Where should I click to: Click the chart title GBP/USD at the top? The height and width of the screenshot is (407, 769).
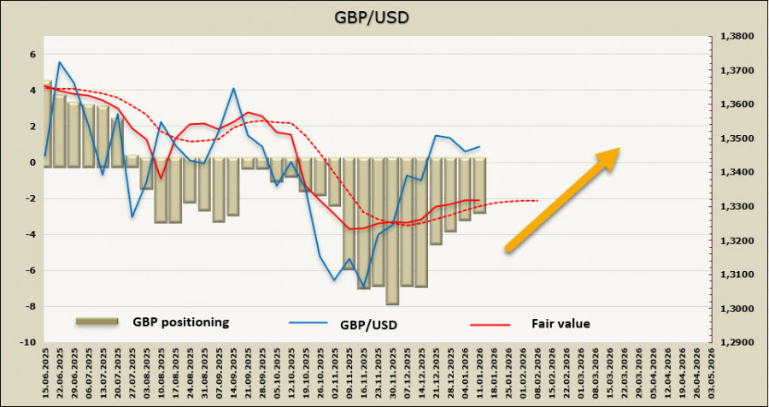(384, 18)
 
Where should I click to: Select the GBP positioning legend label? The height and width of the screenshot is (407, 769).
(181, 322)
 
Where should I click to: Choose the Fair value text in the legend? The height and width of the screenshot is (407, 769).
(561, 323)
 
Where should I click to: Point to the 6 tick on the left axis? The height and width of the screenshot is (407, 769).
(32, 54)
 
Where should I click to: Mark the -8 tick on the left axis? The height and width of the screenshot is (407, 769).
(31, 306)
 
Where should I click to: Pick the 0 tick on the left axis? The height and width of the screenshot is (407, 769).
(32, 162)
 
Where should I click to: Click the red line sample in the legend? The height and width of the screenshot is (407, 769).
(490, 325)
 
